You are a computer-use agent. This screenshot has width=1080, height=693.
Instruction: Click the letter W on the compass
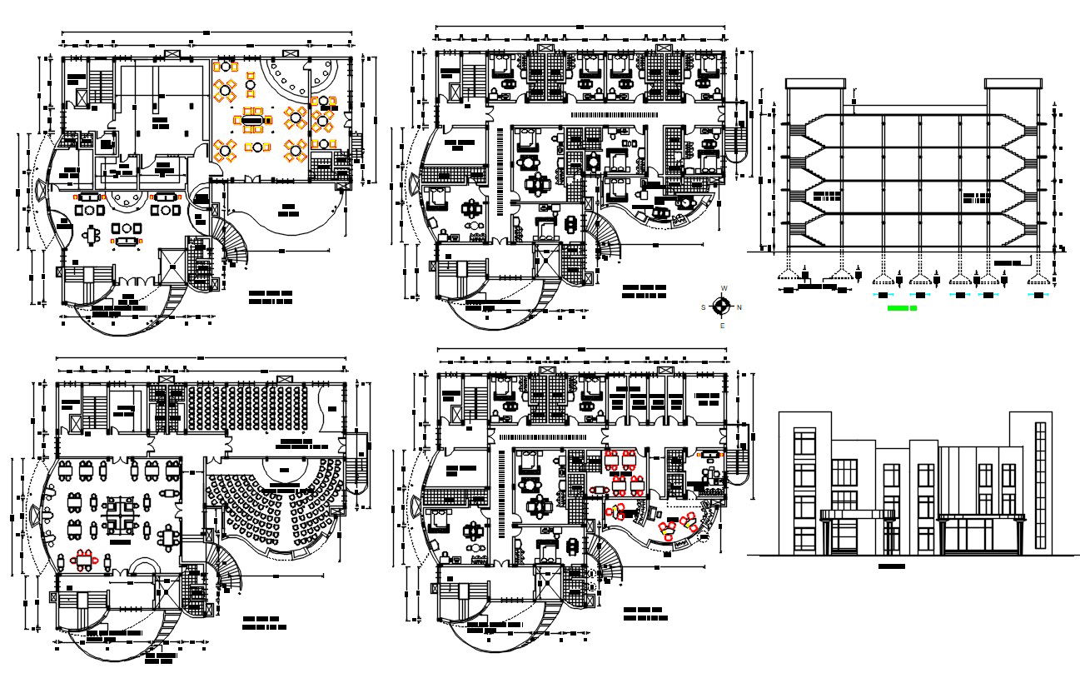click(724, 288)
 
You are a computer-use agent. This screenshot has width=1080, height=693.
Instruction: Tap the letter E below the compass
click(723, 326)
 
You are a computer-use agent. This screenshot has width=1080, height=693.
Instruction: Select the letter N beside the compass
click(739, 307)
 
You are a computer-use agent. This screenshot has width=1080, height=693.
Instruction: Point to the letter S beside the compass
click(704, 307)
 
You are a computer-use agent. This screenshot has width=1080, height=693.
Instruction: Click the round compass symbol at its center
click(722, 307)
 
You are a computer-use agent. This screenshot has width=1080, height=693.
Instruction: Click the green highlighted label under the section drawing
click(901, 309)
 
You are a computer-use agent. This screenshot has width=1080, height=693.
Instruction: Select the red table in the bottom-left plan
click(85, 558)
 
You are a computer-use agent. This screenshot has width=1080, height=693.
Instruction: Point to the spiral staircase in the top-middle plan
click(606, 237)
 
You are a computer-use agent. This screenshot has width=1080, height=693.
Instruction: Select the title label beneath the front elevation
click(892, 567)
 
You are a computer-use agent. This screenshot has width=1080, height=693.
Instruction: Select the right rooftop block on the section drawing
click(1013, 83)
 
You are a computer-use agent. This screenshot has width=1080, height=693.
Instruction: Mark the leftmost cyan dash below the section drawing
click(881, 295)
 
